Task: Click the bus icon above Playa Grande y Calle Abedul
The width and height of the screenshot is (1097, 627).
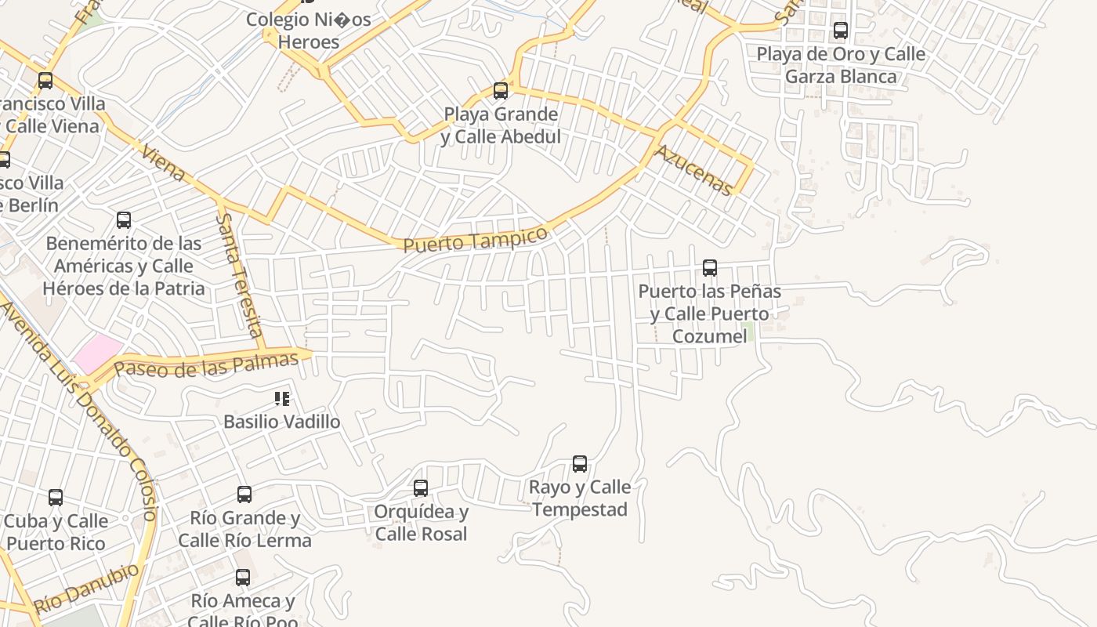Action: coord(501,91)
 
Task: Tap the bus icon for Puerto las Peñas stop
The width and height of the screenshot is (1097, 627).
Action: coord(710,268)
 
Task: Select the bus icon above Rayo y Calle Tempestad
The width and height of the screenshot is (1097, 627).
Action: coord(580,464)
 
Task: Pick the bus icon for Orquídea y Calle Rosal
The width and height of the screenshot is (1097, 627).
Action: coord(421,488)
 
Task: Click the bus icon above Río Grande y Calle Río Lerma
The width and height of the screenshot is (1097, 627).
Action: coord(244,495)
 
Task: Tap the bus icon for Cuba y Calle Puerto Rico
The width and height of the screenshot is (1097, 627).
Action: coord(56,498)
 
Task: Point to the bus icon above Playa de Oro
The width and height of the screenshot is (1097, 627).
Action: coord(841,31)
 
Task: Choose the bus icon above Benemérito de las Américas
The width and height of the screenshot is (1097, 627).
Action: coord(124,220)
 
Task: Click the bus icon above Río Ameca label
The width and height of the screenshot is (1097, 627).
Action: coord(243,578)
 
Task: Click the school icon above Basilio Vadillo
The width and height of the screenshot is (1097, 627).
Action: coord(282,399)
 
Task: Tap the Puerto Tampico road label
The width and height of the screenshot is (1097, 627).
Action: coord(475,239)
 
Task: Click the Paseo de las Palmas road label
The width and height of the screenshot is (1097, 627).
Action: coord(206,364)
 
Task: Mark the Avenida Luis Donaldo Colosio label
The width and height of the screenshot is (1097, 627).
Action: coord(78,408)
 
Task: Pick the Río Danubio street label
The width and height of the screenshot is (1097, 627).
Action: coord(86,588)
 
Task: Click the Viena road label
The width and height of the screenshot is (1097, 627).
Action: coord(163,161)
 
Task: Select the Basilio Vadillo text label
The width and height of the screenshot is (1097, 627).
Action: coord(282,422)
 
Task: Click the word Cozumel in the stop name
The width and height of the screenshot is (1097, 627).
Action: coord(709,337)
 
